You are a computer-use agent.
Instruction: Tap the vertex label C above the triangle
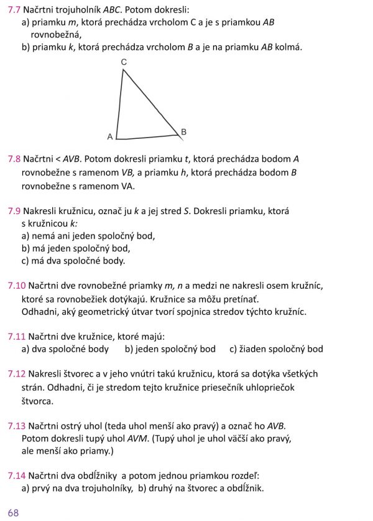[124, 62]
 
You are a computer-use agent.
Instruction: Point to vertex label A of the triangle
[110, 136]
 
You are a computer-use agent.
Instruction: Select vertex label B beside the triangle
[183, 131]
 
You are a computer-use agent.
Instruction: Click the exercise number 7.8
[14, 159]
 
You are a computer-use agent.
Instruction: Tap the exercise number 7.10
[17, 286]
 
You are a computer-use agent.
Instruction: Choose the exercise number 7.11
[17, 336]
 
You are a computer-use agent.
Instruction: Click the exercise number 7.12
[17, 374]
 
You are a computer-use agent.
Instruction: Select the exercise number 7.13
[17, 426]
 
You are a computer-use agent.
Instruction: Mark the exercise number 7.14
[17, 476]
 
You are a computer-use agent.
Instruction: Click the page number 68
[14, 512]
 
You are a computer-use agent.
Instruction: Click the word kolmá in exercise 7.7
[289, 47]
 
